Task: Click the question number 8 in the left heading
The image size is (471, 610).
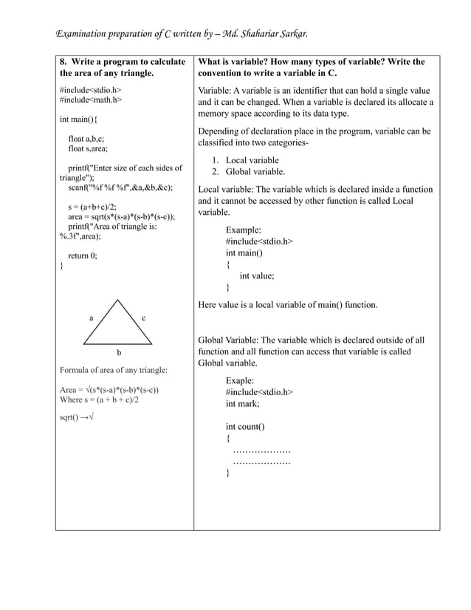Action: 63,61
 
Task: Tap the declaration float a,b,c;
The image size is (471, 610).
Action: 86,138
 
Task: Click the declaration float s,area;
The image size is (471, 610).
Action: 88,148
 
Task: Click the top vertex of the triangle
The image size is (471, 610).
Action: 117,300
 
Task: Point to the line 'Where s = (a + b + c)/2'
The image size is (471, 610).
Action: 99,400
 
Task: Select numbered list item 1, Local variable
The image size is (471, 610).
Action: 251,160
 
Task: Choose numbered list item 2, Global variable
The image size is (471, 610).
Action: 254,171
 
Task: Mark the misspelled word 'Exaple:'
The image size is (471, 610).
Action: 241,380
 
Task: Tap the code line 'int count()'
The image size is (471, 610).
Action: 245,426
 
